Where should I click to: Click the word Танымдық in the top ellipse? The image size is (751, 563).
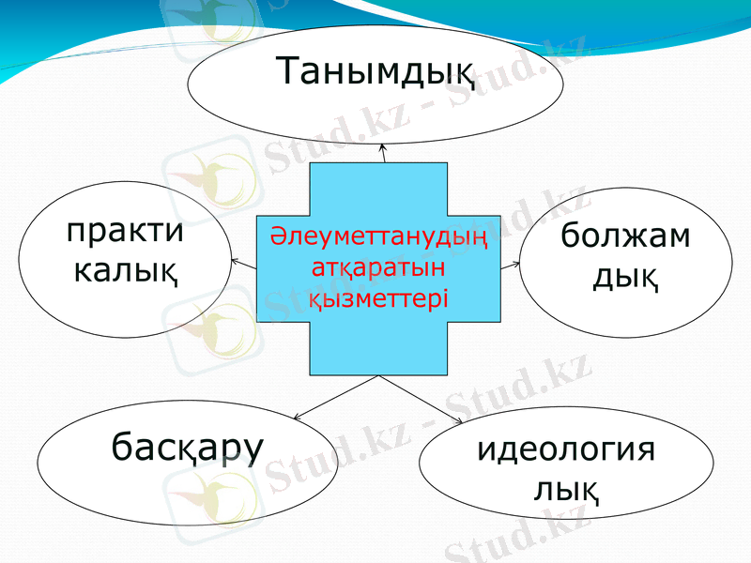[375, 73]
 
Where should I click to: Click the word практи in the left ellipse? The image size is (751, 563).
[125, 232]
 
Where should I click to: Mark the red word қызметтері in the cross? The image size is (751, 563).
[378, 297]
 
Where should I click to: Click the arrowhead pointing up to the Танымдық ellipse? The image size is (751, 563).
[382, 149]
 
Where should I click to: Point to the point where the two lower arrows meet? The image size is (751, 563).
[378, 376]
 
